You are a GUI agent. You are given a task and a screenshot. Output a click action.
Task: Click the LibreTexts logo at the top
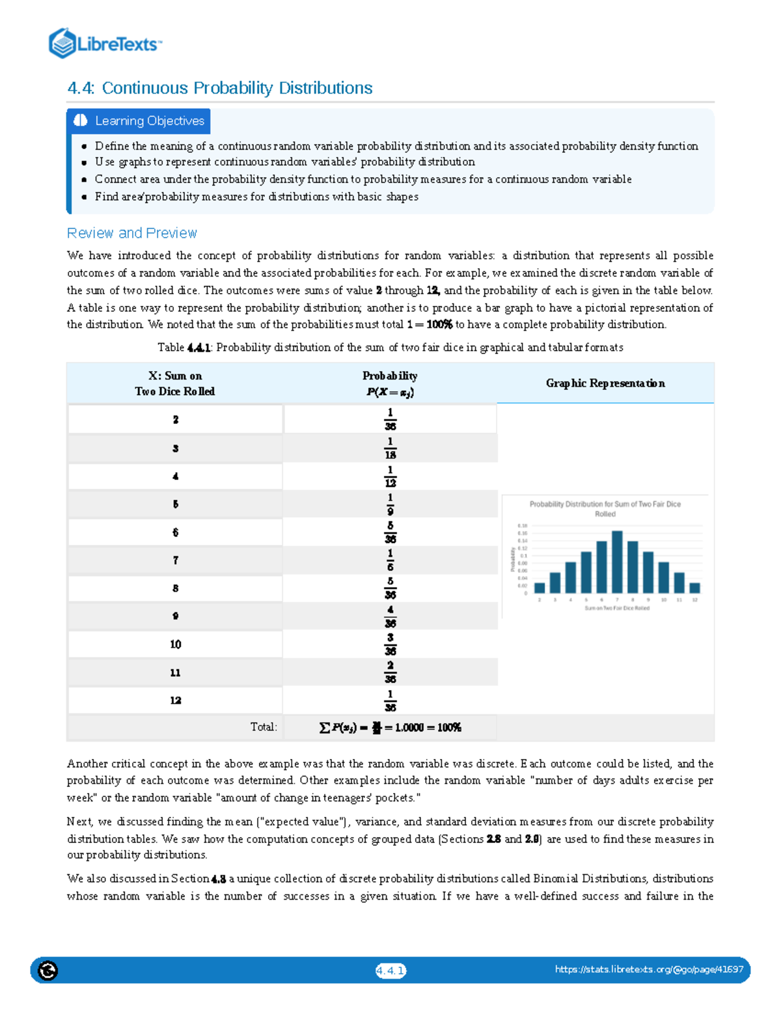tap(105, 44)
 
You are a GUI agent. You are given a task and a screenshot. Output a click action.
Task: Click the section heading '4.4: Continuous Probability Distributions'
tap(220, 88)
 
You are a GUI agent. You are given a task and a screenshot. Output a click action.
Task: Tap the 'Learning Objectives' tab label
tap(149, 121)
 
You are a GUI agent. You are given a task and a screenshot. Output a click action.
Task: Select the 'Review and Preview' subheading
tap(131, 233)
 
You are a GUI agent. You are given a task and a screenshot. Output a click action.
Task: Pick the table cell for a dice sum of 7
tap(175, 560)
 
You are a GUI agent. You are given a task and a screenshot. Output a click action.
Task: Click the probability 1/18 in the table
tap(390, 448)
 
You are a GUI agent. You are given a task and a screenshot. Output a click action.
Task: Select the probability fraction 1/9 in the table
tap(390, 504)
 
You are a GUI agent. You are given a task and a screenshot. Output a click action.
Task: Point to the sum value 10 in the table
tap(175, 644)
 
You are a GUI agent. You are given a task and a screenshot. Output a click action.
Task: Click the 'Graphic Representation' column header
tap(605, 383)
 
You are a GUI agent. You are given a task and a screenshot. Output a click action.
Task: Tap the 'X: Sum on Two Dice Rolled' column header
tap(175, 383)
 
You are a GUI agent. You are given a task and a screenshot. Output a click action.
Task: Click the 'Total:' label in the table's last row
tap(264, 727)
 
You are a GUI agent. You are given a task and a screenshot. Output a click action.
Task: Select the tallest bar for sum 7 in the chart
tap(617, 562)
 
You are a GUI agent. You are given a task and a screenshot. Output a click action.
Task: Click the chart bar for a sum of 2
tap(540, 588)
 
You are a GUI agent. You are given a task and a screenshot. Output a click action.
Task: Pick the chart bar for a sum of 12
tap(694, 588)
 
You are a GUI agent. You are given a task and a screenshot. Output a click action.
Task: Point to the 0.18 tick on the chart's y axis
tap(522, 525)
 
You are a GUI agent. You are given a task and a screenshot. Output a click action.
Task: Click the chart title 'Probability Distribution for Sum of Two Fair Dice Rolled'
tap(605, 508)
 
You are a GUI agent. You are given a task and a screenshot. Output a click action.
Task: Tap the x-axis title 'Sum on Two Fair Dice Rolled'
tap(616, 609)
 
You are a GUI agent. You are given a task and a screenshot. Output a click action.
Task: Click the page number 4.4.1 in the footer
tap(390, 971)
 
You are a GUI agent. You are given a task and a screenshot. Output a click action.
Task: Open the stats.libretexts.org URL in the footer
tap(649, 969)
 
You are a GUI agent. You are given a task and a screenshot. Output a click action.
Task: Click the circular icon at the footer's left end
tap(48, 971)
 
